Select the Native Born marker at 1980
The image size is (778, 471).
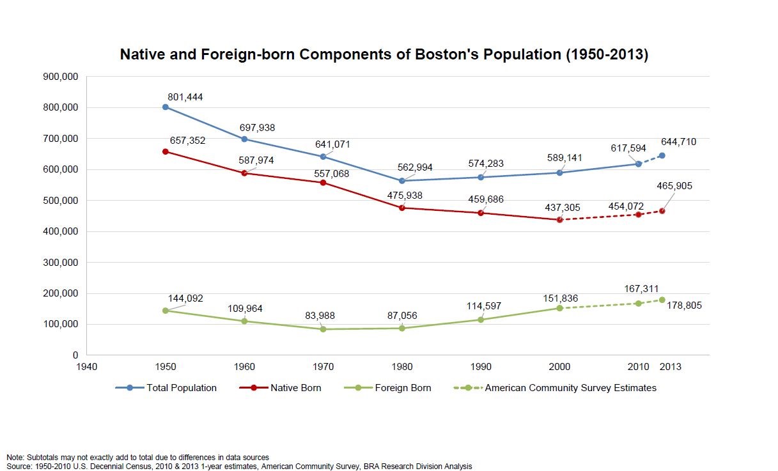coord(401,208)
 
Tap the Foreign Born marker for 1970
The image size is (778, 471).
coord(323,329)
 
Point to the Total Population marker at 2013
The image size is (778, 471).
coord(662,155)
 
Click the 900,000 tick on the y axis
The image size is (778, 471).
coord(59,77)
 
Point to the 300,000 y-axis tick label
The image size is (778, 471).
coord(59,262)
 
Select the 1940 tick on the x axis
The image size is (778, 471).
coord(86,367)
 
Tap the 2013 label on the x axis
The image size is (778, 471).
coord(670,367)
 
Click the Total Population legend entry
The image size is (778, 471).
coord(182,388)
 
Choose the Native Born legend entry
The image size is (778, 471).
coord(295,388)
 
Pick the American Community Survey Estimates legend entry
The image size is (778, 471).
coord(570,388)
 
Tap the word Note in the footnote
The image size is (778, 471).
coord(15,457)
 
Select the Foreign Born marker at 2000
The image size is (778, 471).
coord(559,308)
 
